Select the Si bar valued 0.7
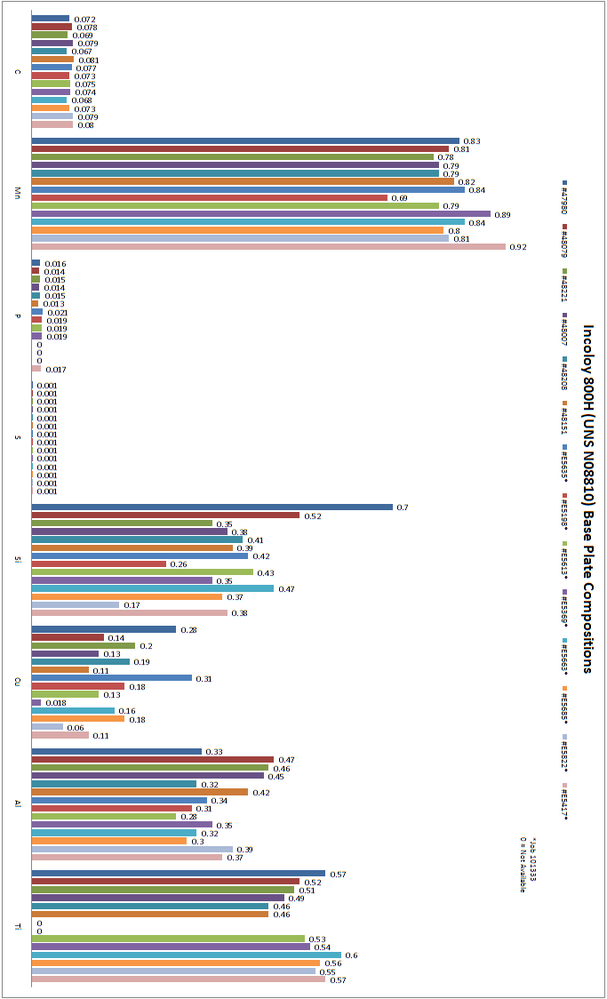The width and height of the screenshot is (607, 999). tap(212, 507)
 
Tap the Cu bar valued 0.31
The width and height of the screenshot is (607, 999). tap(112, 678)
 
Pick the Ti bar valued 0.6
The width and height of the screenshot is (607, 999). tap(186, 955)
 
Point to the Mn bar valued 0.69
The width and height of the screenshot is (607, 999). tap(210, 197)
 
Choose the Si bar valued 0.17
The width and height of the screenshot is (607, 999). tap(76, 605)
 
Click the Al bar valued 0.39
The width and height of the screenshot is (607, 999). tap(132, 850)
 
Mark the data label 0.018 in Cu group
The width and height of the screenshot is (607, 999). tap(54, 703)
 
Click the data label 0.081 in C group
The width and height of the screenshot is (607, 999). tap(88, 60)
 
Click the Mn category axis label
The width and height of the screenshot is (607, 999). tap(18, 194)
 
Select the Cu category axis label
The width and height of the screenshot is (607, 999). tap(18, 683)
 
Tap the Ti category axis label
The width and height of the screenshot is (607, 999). tap(18, 927)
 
